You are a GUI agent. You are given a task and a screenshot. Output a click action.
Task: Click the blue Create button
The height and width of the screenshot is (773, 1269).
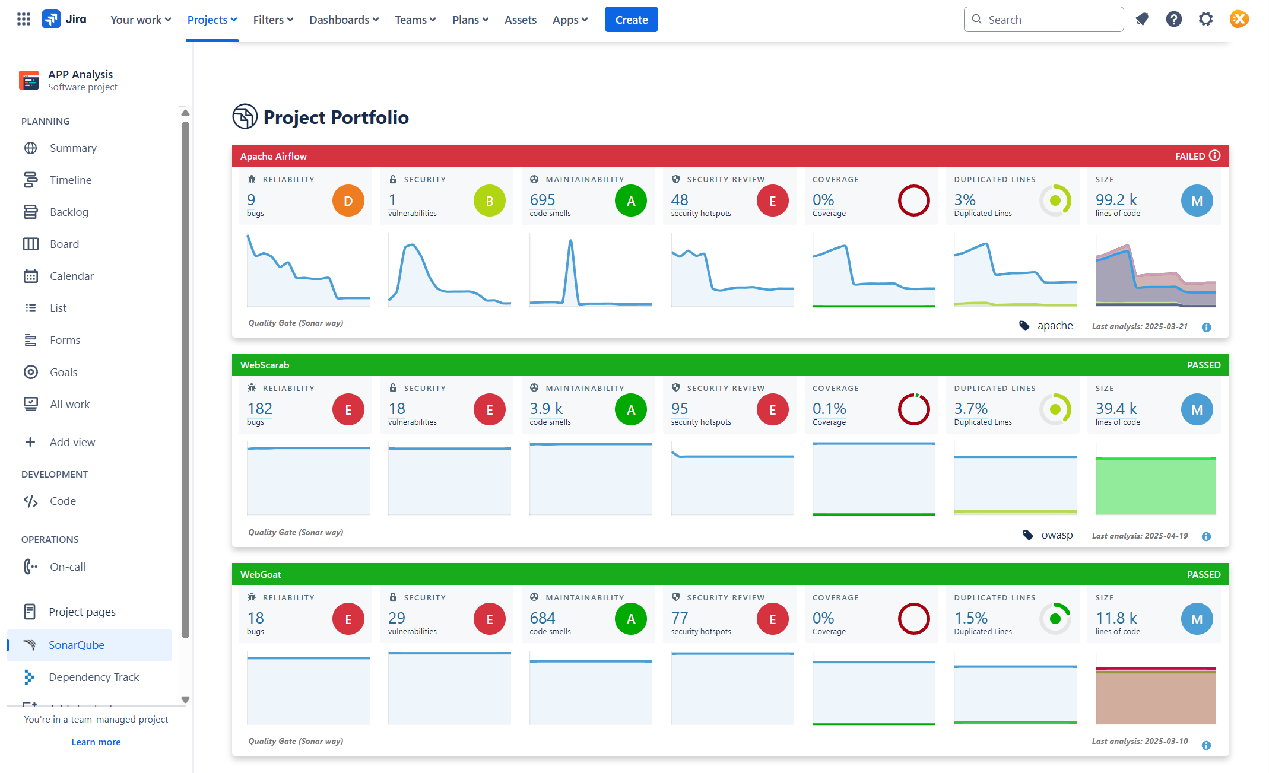[631, 20]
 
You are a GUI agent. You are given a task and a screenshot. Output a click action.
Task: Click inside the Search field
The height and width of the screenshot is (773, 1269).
[1051, 20]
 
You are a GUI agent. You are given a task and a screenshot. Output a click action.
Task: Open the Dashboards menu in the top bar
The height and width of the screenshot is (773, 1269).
[344, 20]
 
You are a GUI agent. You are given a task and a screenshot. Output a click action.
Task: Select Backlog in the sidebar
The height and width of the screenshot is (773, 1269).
[69, 212]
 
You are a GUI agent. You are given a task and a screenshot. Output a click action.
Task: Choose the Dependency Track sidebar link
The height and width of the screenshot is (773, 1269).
[93, 677]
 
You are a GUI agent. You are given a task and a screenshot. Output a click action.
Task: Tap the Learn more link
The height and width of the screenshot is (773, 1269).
[96, 742]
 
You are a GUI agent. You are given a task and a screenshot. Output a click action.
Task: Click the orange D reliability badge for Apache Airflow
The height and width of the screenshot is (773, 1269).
[348, 201]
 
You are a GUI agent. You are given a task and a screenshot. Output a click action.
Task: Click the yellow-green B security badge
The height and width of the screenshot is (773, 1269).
[489, 201]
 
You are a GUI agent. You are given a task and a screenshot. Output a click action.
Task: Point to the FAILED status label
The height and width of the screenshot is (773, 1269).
[1189, 156]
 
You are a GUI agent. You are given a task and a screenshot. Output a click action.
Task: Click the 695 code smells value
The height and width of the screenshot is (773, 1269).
[542, 200]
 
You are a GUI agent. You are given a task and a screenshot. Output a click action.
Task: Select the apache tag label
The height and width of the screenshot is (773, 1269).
[1055, 326]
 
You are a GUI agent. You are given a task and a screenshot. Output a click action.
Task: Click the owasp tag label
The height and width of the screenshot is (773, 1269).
[1057, 535]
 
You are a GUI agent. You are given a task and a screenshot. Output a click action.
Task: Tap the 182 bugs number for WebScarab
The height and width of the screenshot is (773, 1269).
[259, 409]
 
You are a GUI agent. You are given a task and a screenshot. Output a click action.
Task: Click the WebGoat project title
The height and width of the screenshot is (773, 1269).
[261, 574]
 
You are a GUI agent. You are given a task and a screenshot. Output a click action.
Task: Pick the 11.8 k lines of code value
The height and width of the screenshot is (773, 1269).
[1116, 618]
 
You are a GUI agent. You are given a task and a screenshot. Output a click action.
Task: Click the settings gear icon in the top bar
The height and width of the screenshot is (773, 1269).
[1205, 20]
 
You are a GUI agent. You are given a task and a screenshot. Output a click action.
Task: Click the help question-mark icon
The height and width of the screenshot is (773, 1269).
[1173, 20]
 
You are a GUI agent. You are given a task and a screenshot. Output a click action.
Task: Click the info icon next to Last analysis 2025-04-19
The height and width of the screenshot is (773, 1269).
[1206, 536]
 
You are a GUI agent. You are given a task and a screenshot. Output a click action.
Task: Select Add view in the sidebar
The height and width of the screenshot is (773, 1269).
[72, 442]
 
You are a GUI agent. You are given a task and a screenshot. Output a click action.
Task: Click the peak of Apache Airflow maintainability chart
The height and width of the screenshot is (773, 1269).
[570, 241]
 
